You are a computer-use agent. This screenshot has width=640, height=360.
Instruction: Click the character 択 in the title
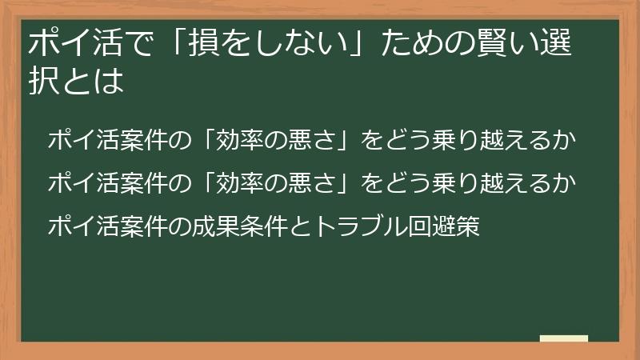click(42, 81)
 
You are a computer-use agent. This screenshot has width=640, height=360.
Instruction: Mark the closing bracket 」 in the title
click(357, 45)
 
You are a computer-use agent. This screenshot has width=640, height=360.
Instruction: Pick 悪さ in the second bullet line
click(306, 184)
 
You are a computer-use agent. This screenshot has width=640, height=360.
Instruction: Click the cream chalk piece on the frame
click(563, 338)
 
